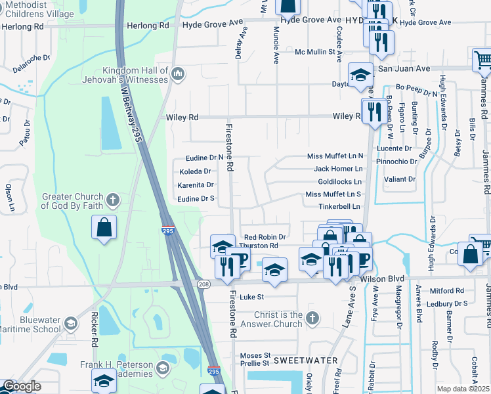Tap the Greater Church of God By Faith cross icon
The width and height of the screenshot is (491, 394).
[113, 198]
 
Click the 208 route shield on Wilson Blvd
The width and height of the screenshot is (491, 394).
[205, 282]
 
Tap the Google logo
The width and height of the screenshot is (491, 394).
[22, 386]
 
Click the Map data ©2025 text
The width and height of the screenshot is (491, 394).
[463, 389]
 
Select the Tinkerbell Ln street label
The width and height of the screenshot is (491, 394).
[339, 206]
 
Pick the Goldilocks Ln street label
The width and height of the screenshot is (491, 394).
[339, 181]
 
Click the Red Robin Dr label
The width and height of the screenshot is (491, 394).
[265, 237]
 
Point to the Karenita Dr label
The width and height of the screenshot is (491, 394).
[196, 185]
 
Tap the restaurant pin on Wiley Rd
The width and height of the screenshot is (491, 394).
[374, 110]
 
